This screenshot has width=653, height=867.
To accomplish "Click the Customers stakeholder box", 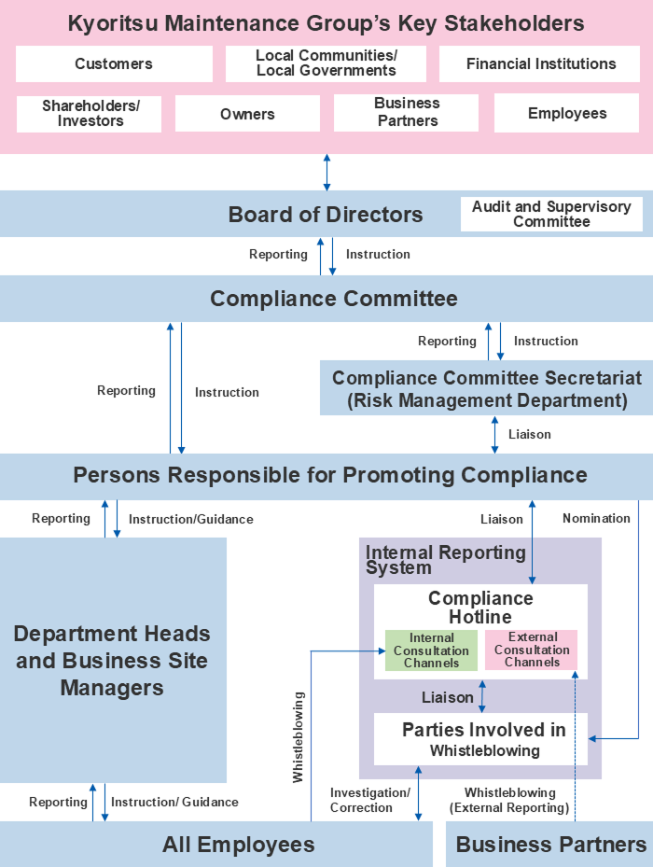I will tap(114, 64).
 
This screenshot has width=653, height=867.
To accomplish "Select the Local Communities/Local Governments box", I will tap(326, 63).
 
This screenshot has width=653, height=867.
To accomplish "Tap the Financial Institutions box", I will tap(540, 64).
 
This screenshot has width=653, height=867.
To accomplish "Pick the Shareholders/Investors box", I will tap(90, 114).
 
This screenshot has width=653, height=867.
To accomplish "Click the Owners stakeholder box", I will tap(247, 114).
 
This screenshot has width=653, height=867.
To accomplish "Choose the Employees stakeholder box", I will tap(566, 114).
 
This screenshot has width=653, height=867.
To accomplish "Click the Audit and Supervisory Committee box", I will tap(551, 214).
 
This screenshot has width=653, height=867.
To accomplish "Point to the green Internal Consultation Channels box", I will tap(431, 650).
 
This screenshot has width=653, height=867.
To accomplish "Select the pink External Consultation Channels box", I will tap(532, 650).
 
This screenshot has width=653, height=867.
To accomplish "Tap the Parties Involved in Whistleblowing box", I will tap(482, 739).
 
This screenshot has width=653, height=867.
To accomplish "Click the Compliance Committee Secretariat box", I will tap(486, 389).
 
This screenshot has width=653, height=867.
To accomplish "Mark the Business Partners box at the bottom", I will tap(550, 845).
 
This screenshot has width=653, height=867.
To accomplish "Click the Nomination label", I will tap(596, 518).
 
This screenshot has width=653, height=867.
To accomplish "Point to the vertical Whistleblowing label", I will tap(299, 736).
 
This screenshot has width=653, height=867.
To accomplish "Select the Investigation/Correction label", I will tap(369, 800).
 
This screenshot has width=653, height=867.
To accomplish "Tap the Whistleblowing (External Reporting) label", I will tap(509, 800).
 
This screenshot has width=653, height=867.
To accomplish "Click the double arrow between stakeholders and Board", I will tap(326, 173).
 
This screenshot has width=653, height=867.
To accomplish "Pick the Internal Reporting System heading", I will tap(445, 559).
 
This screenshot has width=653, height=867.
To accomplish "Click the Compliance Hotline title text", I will tap(480, 608).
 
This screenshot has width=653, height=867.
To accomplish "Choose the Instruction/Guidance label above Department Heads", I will tap(190, 519).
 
